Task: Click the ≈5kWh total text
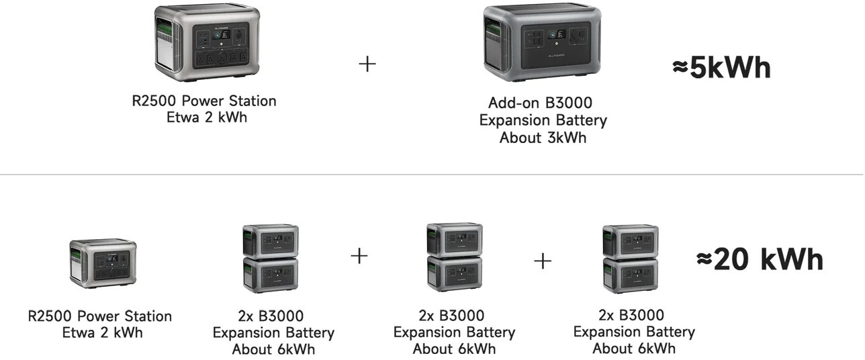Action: [x=721, y=69]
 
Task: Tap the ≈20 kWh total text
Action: [x=760, y=259]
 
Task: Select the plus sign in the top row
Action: [x=367, y=64]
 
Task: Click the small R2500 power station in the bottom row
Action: [x=103, y=264]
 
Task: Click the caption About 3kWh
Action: [x=542, y=138]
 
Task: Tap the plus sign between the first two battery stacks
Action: [x=360, y=256]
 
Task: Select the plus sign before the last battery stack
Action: [x=543, y=261]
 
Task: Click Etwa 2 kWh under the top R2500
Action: [x=203, y=118]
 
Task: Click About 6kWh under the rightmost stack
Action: [x=633, y=349]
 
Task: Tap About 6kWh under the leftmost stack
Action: [x=273, y=349]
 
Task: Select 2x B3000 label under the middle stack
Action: [x=454, y=316]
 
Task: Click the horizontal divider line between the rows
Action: [x=432, y=175]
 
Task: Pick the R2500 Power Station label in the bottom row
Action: [x=100, y=316]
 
